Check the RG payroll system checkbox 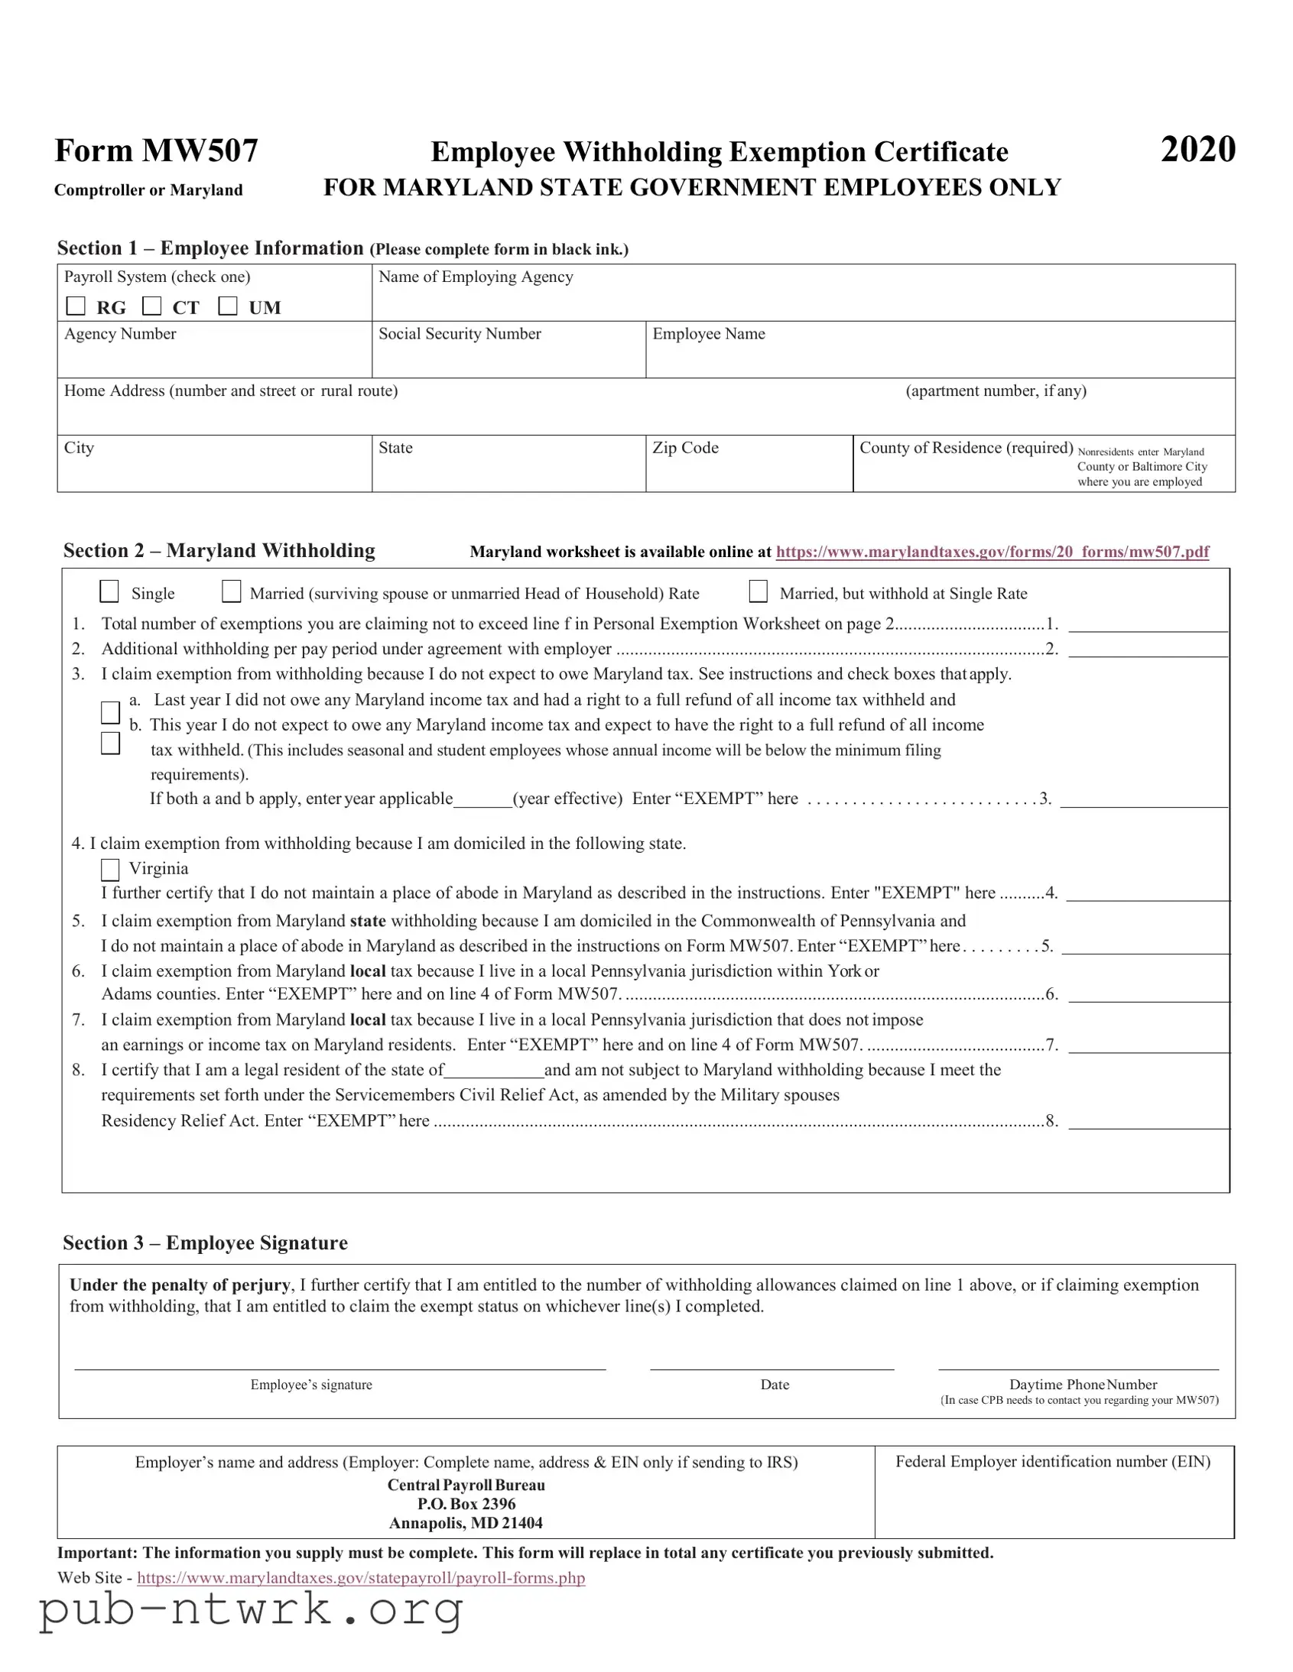pos(76,306)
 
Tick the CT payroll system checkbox pos(151,306)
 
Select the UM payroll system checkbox pos(228,306)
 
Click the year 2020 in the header pos(1197,149)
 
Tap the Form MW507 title pos(156,151)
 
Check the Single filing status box pos(109,591)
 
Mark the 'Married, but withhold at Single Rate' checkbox pos(758,591)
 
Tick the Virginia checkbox pos(110,870)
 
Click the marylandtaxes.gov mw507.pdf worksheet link pos(992,552)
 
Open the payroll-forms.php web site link pos(361,1578)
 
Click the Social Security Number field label pos(460,334)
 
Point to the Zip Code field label pos(685,448)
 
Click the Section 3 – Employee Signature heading pos(205,1243)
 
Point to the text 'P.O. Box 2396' pos(466,1504)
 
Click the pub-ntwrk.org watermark pos(252,1609)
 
